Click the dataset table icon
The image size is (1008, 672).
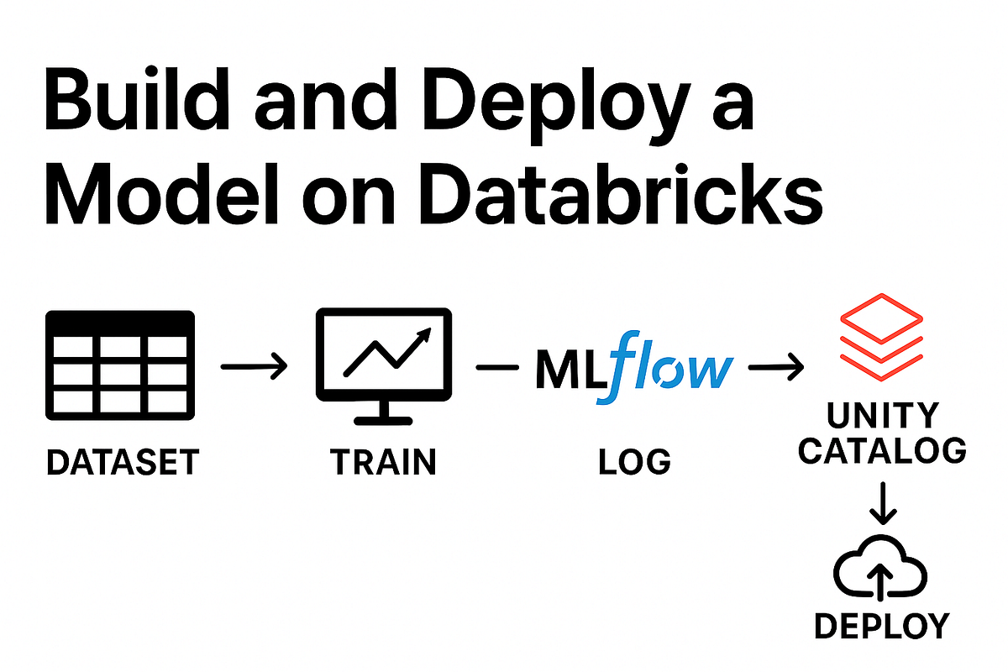pyautogui.click(x=119, y=366)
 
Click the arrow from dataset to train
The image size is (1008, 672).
pyautogui.click(x=253, y=367)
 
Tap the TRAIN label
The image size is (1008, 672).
pyautogui.click(x=383, y=462)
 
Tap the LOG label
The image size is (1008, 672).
pyautogui.click(x=634, y=462)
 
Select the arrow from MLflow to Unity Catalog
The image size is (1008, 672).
pyautogui.click(x=775, y=367)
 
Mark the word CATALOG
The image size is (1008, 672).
pyautogui.click(x=881, y=451)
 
